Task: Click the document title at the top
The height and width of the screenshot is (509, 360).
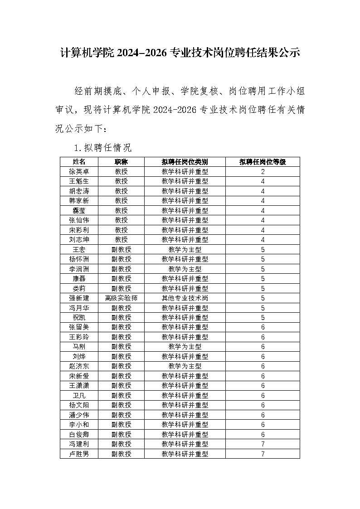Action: coord(180,53)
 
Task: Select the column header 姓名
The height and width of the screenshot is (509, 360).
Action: coord(79,162)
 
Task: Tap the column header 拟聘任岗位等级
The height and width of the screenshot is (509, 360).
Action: coord(263,162)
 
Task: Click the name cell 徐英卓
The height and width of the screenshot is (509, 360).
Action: coord(79,172)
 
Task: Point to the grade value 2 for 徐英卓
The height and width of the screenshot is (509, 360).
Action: coord(263,172)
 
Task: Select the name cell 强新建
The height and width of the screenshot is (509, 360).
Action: coord(79,298)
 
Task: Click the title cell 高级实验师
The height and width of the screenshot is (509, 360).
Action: coord(121,298)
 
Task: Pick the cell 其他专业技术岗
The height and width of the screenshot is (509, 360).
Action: coord(185,298)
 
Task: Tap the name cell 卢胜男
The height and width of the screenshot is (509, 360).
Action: coord(79,454)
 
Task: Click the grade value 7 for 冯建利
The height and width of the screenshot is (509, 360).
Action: coord(263,444)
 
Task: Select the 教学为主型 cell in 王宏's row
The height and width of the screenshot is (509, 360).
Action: coord(185,250)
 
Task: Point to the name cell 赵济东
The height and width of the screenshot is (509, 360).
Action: coord(79,366)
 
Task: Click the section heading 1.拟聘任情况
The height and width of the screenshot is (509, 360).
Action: coord(102,147)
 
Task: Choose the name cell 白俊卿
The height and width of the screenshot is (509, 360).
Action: coord(79,434)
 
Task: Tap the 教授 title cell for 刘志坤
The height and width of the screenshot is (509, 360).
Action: coord(121,240)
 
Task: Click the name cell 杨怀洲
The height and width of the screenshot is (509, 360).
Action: coord(79,259)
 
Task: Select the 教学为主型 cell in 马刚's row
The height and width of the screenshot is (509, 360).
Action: coord(185,347)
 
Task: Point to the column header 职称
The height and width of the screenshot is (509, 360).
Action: coord(121,162)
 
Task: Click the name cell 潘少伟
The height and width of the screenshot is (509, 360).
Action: coord(79,415)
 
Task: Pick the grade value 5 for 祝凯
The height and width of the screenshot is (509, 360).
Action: coord(263,318)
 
